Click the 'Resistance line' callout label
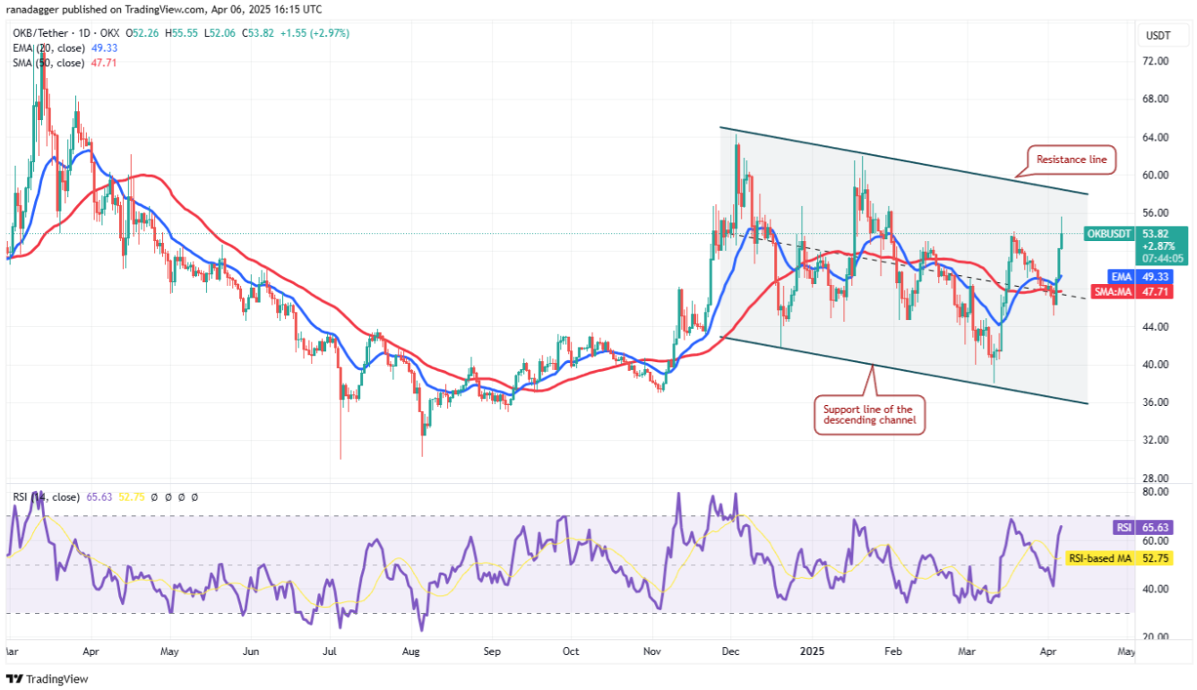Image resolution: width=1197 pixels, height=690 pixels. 1072,160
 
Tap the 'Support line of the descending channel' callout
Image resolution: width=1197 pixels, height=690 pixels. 868,415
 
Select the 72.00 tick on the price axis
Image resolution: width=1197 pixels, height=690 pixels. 1155,61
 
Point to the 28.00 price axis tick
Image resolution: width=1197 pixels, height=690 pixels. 1155,479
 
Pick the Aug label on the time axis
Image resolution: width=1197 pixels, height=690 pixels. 411,651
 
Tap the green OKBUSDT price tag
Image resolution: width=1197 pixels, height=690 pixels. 1110,234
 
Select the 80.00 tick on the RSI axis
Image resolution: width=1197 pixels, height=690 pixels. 1155,492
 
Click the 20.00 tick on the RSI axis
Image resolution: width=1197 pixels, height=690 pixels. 1155,637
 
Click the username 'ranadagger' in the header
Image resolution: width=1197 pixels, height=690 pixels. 30,9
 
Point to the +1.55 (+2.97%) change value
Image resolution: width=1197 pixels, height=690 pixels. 314,33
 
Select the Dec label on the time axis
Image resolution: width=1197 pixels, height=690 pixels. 730,651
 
